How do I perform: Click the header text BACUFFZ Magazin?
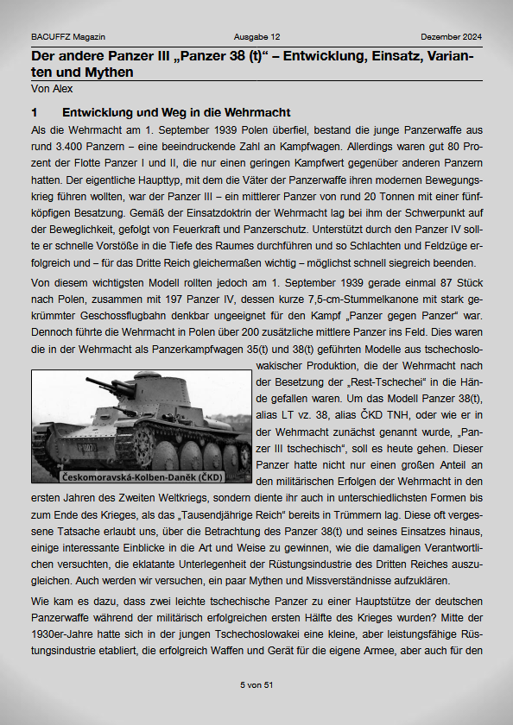pos(67,37)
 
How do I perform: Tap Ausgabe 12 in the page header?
pos(256,37)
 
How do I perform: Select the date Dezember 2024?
pos(451,37)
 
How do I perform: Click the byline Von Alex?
pos(52,88)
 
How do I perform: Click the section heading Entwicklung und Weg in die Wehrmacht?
pos(176,113)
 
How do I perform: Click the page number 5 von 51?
pos(256,684)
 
